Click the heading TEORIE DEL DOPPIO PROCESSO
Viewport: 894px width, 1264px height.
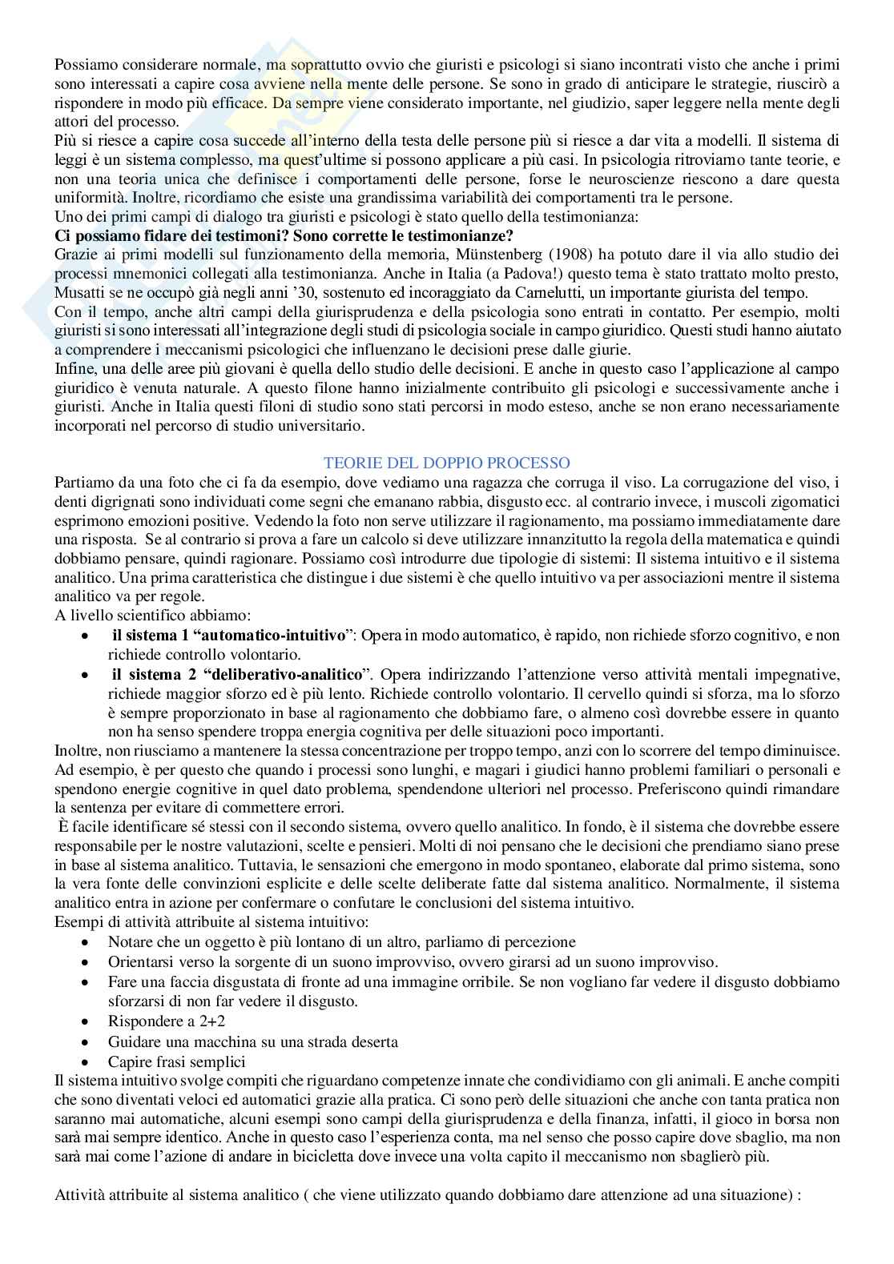[x=446, y=463]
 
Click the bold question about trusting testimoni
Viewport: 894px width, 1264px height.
[x=284, y=236]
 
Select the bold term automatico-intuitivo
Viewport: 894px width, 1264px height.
[x=269, y=635]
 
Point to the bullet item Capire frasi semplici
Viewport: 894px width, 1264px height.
[x=176, y=1061]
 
